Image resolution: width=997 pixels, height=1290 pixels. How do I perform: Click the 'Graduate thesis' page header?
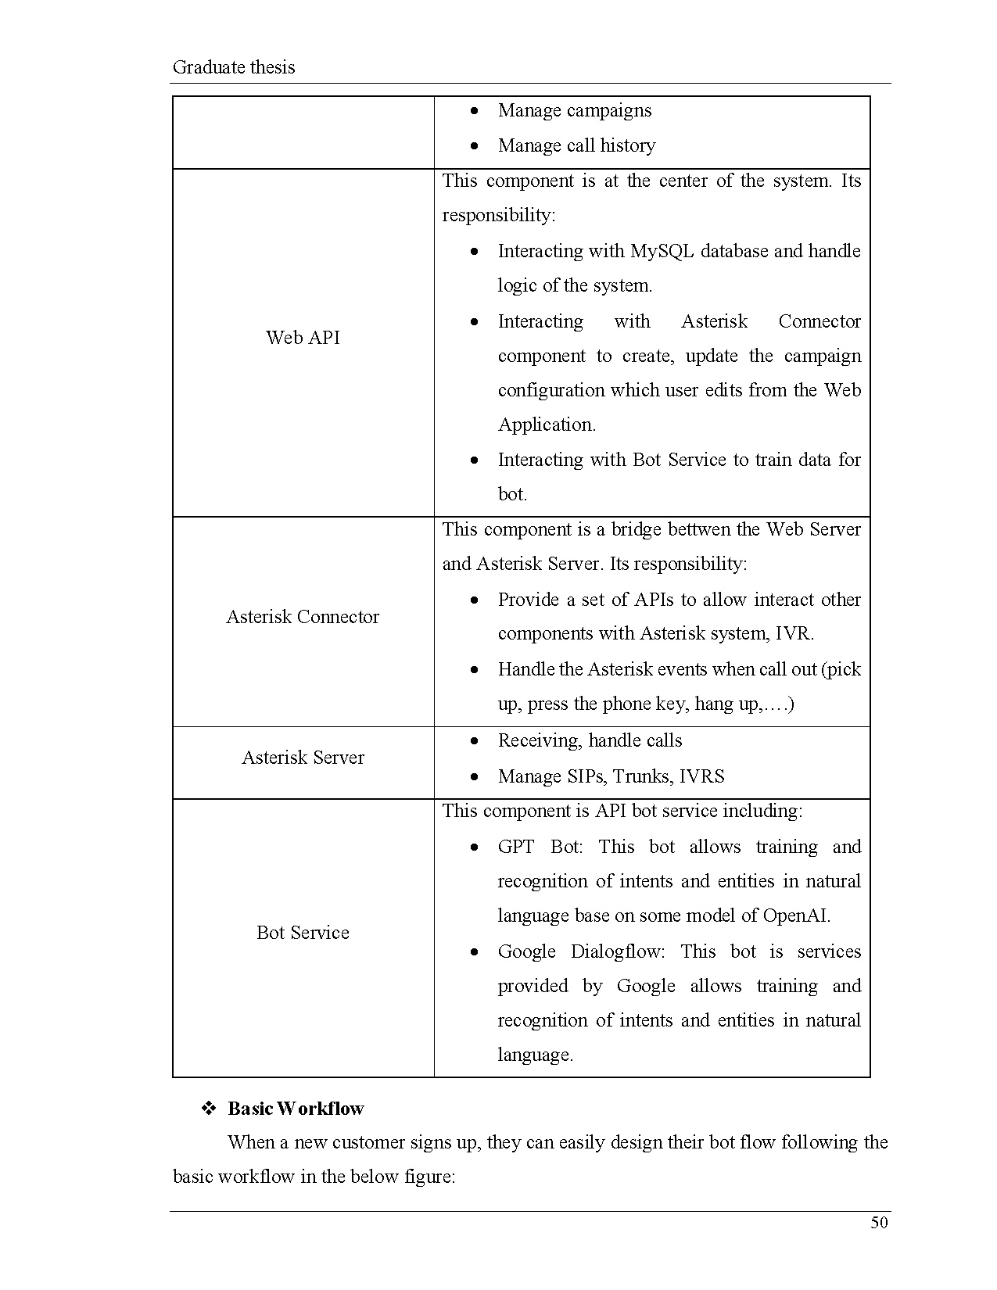tap(234, 67)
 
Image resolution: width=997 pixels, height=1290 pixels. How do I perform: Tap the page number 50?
tap(879, 1223)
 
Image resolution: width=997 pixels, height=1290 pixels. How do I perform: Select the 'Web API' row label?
tap(303, 338)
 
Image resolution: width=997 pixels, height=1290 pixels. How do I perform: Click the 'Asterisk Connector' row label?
tap(303, 617)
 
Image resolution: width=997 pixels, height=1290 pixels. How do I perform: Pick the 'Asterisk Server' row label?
tap(303, 758)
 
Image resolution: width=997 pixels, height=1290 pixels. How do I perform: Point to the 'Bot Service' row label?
tap(303, 933)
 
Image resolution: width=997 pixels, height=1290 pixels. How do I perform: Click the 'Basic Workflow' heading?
tap(296, 1109)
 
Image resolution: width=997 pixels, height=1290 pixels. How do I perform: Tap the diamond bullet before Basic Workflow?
tap(209, 1109)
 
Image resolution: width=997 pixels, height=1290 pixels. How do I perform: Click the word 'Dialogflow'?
tap(617, 951)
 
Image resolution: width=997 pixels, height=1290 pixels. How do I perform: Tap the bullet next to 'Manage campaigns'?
tap(475, 111)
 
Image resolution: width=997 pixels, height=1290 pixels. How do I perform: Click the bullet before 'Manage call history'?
tap(475, 146)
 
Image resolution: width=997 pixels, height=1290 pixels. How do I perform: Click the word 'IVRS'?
tap(701, 776)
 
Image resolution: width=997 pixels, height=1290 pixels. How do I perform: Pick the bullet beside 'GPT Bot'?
tap(475, 847)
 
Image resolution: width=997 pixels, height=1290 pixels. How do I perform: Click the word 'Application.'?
tap(547, 425)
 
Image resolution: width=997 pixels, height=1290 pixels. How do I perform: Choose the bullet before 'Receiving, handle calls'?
tap(475, 741)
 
